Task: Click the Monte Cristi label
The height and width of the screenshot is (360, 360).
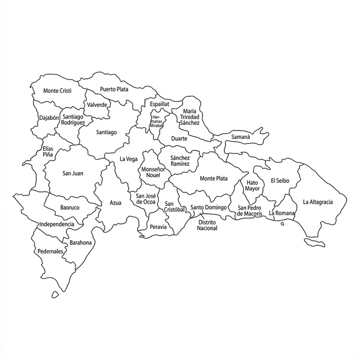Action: click(57, 91)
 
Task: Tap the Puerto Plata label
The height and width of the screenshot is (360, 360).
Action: click(114, 89)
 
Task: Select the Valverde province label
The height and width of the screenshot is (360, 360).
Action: click(97, 105)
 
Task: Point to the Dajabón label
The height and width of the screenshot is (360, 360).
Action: click(49, 118)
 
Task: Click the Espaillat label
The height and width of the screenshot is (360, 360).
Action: click(159, 104)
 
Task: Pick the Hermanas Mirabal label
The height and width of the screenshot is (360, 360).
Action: click(156, 121)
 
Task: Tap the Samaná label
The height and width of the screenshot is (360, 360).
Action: click(241, 137)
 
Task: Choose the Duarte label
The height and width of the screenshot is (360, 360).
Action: click(179, 138)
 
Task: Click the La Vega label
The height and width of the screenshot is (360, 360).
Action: click(128, 159)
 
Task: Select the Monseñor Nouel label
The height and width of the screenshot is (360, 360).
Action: click(153, 172)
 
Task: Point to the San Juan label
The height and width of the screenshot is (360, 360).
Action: click(73, 173)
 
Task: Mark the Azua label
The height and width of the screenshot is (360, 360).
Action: click(115, 202)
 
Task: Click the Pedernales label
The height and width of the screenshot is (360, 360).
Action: click(50, 251)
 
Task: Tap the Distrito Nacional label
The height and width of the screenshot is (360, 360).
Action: click(207, 225)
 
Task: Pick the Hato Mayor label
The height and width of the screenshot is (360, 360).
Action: click(253, 186)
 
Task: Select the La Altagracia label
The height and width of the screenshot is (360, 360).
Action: click(318, 202)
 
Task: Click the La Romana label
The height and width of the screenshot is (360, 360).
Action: click(281, 214)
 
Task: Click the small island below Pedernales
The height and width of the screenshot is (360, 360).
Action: click(55, 294)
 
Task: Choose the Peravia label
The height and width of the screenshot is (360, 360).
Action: click(159, 227)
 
